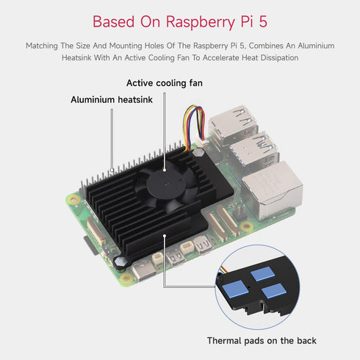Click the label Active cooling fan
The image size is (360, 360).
tap(164, 83)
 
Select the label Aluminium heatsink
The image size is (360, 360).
tap(112, 99)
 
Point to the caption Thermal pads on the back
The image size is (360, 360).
tap(261, 340)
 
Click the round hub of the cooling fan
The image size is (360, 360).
tap(163, 177)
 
